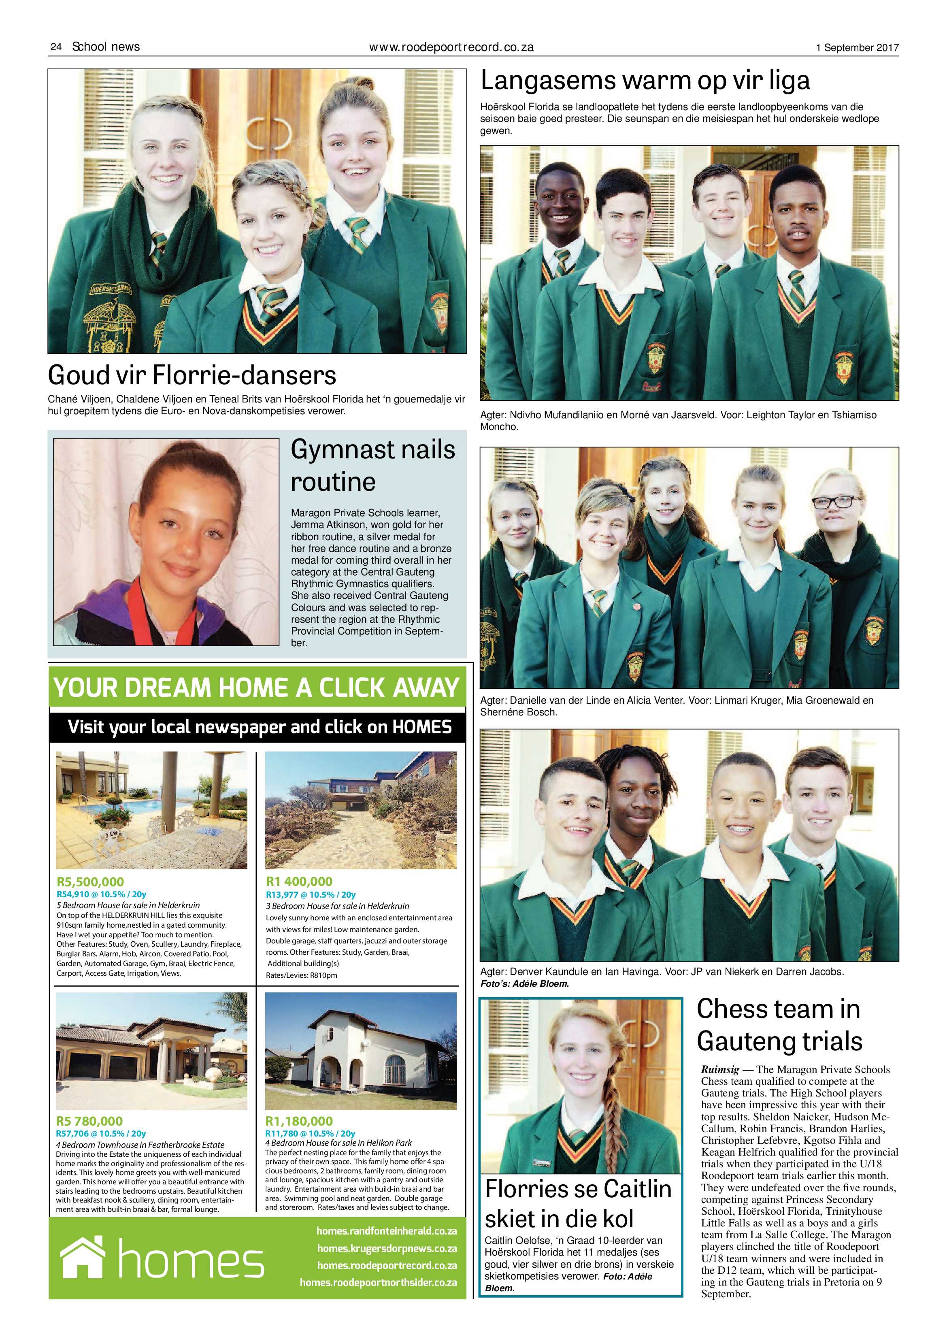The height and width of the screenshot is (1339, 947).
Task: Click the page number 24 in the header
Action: pos(56,47)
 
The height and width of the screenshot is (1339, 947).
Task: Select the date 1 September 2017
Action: pos(857,48)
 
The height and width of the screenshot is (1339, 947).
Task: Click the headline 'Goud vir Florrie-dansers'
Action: pos(192,375)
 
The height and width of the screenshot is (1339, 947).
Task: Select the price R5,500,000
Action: pos(90,881)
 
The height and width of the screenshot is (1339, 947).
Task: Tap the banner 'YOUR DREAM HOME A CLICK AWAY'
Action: pos(257,688)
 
